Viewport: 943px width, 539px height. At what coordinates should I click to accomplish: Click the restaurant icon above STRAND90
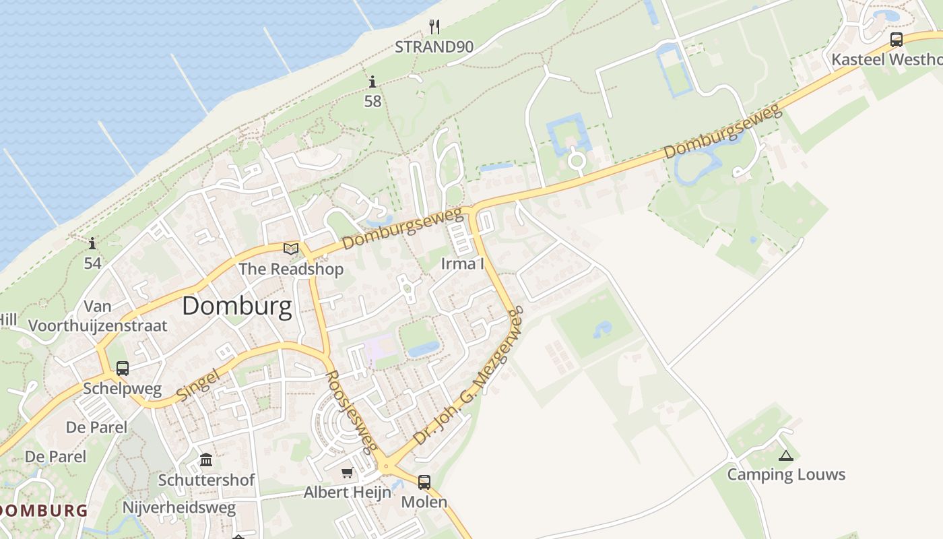click(x=434, y=27)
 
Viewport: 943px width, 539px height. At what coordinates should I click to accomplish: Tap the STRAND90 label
click(x=434, y=47)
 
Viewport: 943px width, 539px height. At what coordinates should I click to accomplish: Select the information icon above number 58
click(x=372, y=82)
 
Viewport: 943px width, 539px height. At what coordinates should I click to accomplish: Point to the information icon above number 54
click(x=92, y=243)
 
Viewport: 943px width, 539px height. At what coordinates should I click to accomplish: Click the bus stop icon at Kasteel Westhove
click(x=896, y=40)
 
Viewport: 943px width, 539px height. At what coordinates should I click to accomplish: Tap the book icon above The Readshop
click(x=291, y=249)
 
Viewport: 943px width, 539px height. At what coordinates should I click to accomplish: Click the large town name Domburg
click(x=237, y=307)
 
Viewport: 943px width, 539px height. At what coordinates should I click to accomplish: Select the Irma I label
click(x=462, y=263)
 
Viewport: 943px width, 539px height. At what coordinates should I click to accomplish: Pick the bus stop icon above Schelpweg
click(x=122, y=369)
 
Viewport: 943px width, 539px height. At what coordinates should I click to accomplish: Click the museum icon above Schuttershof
click(x=206, y=460)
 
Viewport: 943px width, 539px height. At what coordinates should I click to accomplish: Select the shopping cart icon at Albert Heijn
click(x=347, y=473)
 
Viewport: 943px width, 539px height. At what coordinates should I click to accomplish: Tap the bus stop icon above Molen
click(x=424, y=482)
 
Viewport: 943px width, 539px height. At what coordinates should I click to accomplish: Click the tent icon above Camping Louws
click(x=785, y=455)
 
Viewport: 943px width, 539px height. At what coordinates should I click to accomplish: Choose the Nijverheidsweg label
click(x=179, y=507)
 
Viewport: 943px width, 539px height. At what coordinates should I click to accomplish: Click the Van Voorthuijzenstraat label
click(x=98, y=317)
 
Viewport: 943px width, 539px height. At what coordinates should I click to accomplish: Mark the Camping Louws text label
click(x=786, y=474)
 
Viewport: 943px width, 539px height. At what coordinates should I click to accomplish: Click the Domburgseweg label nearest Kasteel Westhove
click(x=723, y=131)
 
